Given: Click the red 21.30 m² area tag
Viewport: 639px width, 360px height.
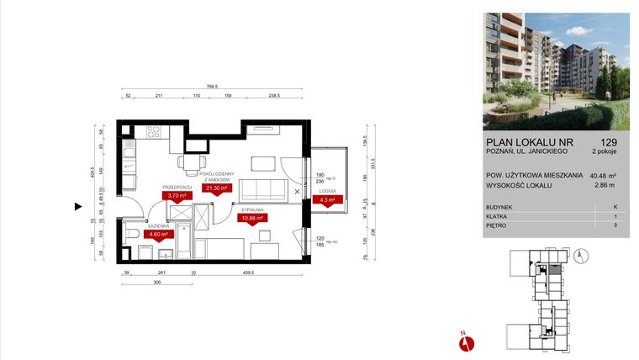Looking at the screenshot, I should [217, 189].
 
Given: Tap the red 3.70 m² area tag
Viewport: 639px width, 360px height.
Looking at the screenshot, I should [177, 196].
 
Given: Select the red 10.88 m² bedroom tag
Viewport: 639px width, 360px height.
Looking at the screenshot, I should [252, 218].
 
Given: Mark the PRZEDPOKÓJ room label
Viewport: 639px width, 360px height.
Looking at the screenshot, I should [177, 187].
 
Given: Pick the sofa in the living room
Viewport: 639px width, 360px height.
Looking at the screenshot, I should [263, 188].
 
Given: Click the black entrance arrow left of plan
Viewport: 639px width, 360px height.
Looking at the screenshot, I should [78, 205].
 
